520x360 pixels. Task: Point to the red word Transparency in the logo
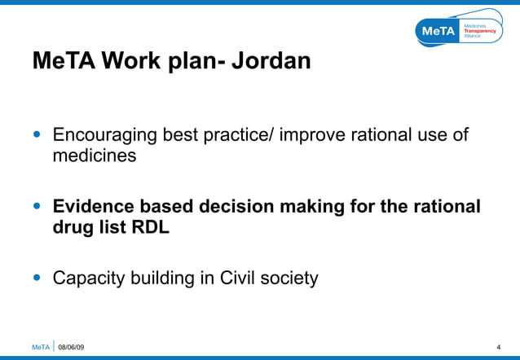(479, 31)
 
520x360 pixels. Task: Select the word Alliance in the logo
(473, 37)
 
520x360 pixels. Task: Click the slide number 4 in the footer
(498, 348)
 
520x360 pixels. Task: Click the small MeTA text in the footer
(41, 348)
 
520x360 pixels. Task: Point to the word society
(290, 279)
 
